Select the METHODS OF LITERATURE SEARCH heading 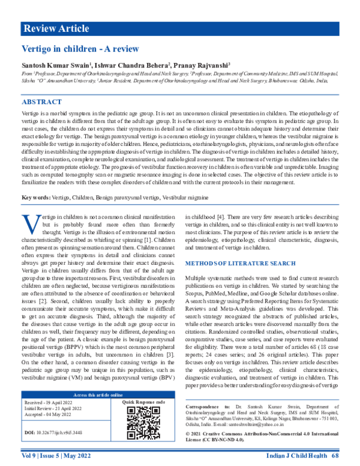240,264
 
